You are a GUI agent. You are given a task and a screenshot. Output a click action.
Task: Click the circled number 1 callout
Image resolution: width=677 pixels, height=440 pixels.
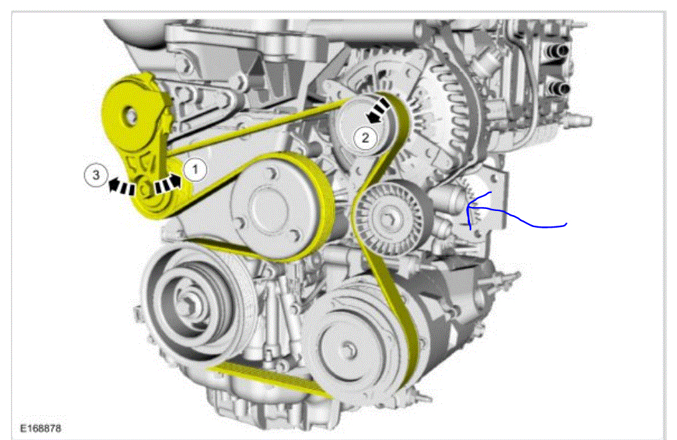point(195,170)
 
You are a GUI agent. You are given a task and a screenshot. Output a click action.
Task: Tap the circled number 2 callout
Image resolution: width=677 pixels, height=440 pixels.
point(365,138)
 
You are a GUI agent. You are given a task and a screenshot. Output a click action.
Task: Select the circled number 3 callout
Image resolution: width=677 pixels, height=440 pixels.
point(95,175)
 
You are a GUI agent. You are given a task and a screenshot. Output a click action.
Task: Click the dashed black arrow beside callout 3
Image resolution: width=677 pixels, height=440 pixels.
point(121,186)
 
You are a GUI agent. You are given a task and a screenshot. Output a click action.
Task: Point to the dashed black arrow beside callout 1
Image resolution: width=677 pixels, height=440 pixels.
point(168,183)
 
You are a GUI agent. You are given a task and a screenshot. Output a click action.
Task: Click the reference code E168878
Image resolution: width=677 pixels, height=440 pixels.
point(41,428)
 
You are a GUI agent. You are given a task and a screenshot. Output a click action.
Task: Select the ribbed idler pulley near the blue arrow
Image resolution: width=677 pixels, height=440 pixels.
point(393,218)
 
